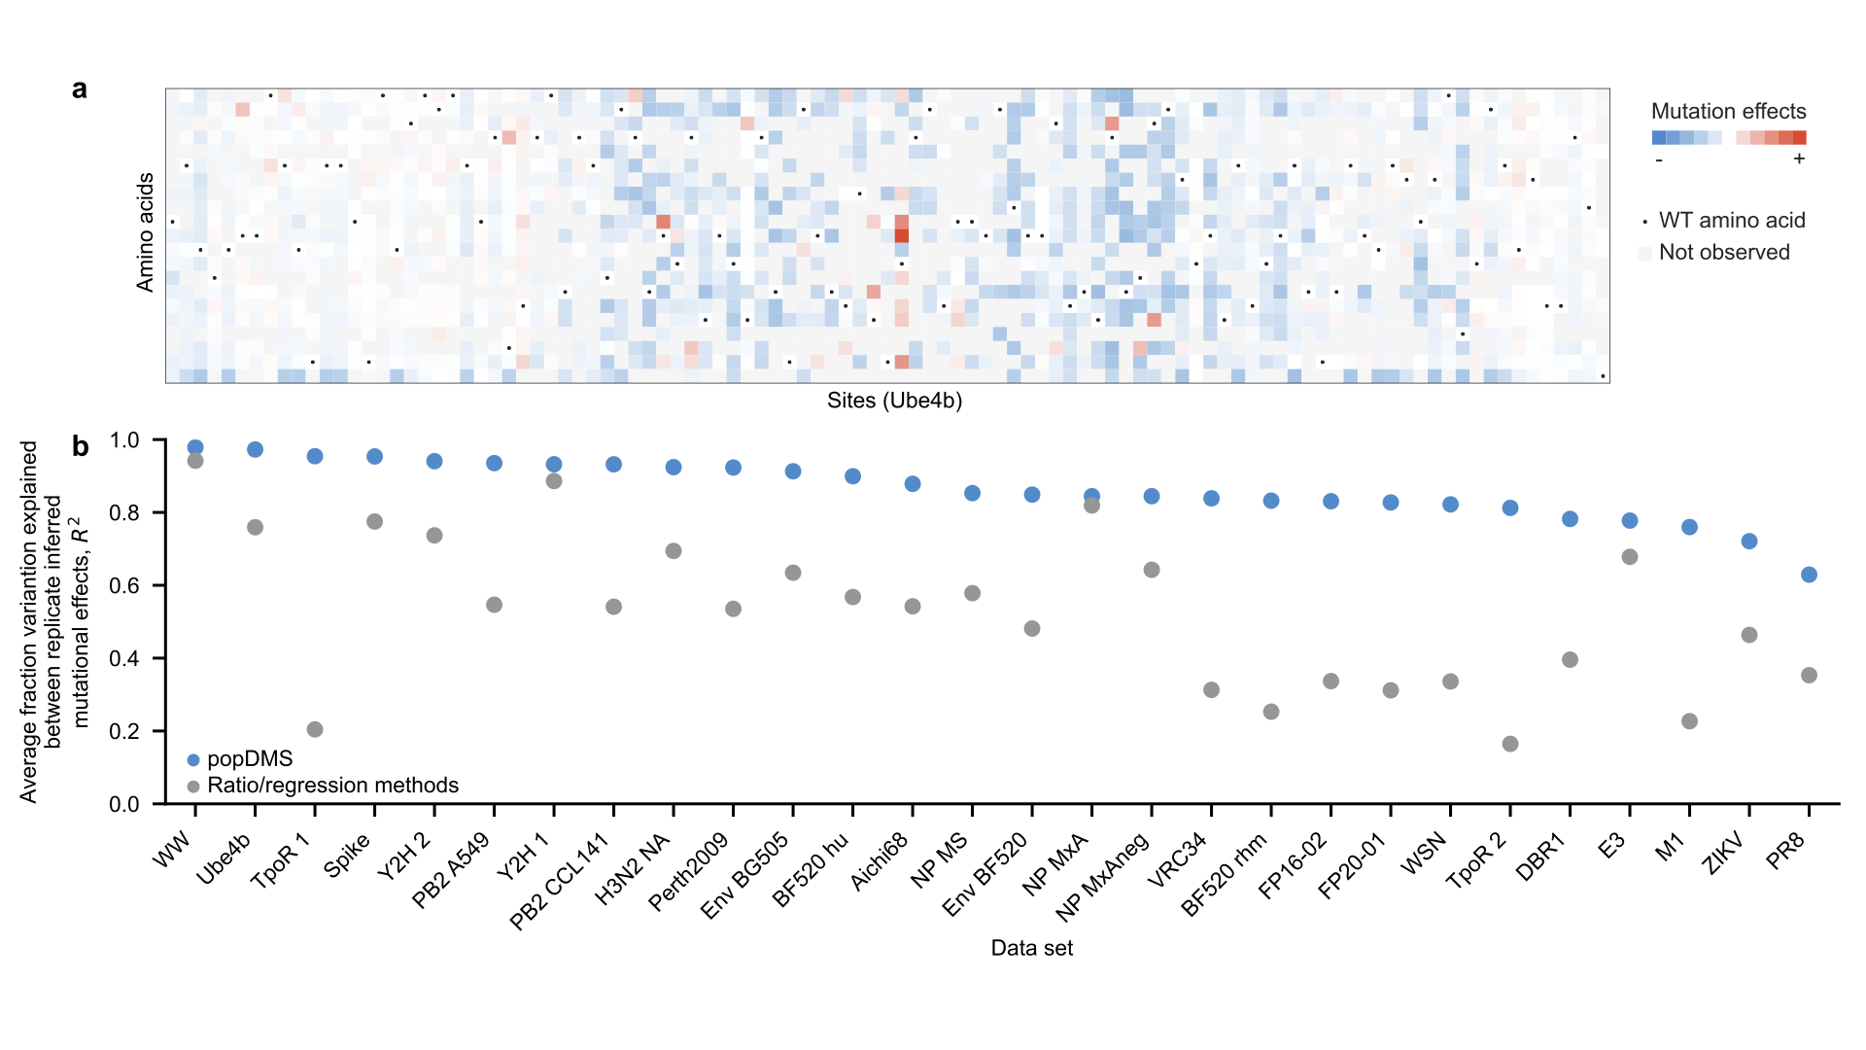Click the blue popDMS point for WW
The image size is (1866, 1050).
coord(195,448)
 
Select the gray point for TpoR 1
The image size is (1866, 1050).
coord(315,729)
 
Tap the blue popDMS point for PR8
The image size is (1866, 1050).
coord(1809,575)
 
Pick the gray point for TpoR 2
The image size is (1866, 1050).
coord(1510,744)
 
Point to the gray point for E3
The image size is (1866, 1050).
coord(1630,557)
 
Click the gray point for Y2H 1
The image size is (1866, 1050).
coord(554,481)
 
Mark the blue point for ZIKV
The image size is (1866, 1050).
coord(1749,542)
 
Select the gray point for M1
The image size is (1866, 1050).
coord(1689,721)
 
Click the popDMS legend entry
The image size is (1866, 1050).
coord(249,759)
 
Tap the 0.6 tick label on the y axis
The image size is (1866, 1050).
coord(124,585)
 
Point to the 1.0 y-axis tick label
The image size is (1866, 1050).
coord(124,440)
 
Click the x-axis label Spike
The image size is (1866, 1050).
coord(347,857)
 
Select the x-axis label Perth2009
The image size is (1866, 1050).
coord(689,872)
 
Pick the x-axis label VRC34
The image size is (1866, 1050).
coord(1177,860)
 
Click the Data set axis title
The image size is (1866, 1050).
coord(1031,948)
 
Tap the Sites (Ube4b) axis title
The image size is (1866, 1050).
coord(894,401)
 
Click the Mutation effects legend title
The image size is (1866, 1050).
coord(1728,111)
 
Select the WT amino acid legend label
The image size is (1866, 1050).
coord(1731,221)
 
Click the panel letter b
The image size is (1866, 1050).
coord(81,446)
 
